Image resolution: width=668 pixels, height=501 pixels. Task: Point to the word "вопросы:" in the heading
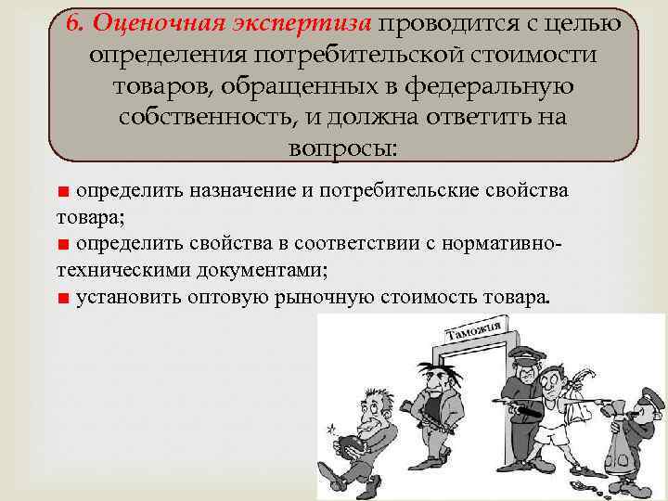(343, 148)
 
